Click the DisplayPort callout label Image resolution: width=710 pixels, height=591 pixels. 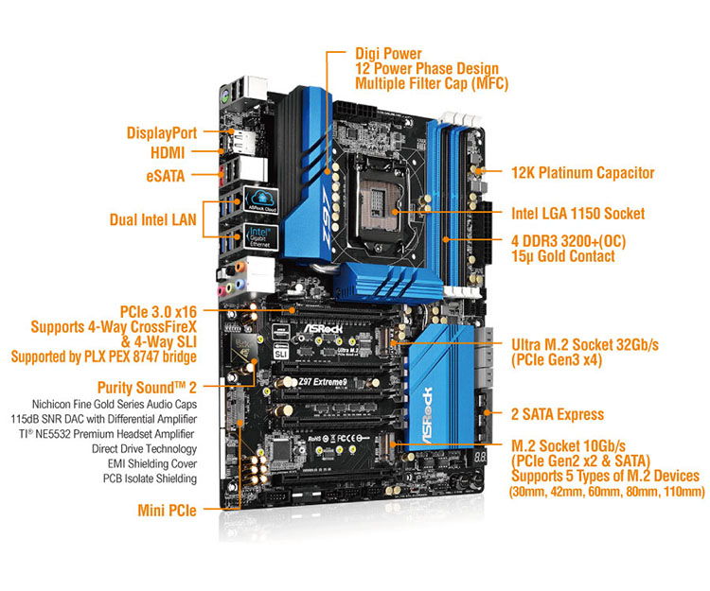pos(161,133)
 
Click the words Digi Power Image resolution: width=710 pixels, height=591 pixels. pos(388,54)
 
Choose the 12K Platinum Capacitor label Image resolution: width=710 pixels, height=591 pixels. pos(582,173)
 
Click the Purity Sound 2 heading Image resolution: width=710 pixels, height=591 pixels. pos(147,388)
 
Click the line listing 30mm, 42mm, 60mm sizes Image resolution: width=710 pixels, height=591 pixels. pos(607,493)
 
